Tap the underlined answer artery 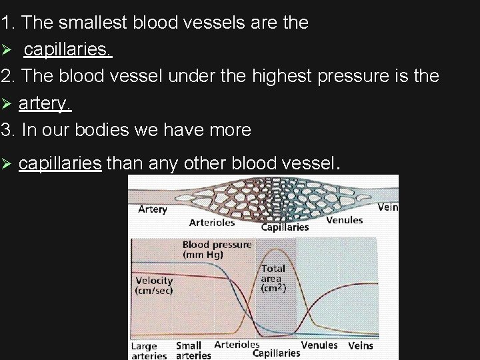coord(45,104)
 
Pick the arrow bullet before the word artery coord(7,104)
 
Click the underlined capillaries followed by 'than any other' coord(60,163)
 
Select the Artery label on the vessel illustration coord(152,209)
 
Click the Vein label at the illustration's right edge coord(388,207)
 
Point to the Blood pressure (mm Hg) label coord(217,249)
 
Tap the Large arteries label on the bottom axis coord(148,351)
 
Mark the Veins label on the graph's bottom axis coord(361,345)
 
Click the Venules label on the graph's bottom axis coord(319,345)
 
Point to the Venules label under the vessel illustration coord(345,220)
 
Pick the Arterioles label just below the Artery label coord(211,223)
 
